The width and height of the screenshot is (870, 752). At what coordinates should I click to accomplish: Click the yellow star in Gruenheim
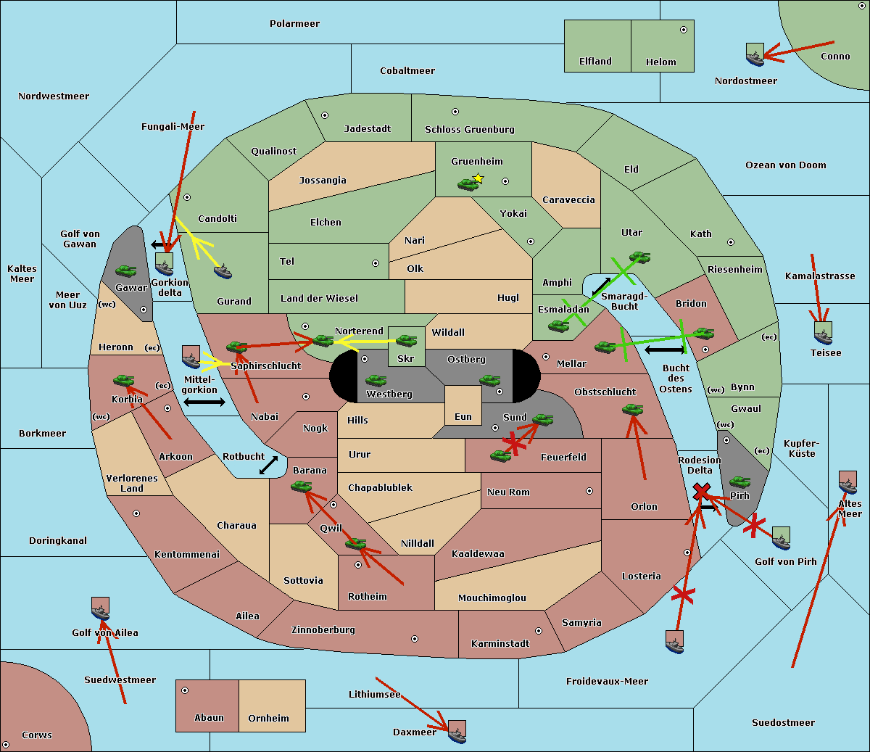coord(478,178)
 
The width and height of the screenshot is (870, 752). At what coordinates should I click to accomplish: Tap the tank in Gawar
coord(126,271)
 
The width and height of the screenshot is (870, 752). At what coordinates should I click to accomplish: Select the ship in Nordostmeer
coord(755,55)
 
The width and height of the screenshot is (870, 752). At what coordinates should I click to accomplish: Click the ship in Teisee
coord(823,334)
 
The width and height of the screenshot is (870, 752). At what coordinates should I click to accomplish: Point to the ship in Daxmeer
coord(457,732)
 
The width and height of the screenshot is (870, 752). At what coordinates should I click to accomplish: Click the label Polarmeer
coord(294,24)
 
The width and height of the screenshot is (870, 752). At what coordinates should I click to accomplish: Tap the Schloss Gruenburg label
coord(469,130)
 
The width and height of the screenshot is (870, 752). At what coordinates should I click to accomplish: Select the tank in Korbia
coord(124,381)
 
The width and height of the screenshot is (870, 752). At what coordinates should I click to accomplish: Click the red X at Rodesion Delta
coord(700,493)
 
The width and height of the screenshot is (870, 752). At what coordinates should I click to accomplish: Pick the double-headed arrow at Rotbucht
coord(268,465)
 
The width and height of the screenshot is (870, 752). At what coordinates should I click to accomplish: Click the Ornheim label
coord(268,719)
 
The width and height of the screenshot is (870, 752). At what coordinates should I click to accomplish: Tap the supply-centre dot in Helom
coord(683,30)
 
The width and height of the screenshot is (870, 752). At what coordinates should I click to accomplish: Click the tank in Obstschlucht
coord(632,410)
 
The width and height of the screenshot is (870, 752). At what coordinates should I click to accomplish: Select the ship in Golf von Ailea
coord(101,610)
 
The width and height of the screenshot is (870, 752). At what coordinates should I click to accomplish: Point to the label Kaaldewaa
coord(478,554)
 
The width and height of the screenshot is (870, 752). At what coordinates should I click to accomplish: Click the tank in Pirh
coord(739,482)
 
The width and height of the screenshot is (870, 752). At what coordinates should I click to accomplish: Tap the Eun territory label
coord(463,417)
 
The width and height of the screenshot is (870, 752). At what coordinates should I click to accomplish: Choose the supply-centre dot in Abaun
coord(185,690)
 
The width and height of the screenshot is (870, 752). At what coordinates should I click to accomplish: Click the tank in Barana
coord(301,487)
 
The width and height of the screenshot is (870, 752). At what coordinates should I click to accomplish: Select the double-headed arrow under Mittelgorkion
coord(204,402)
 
